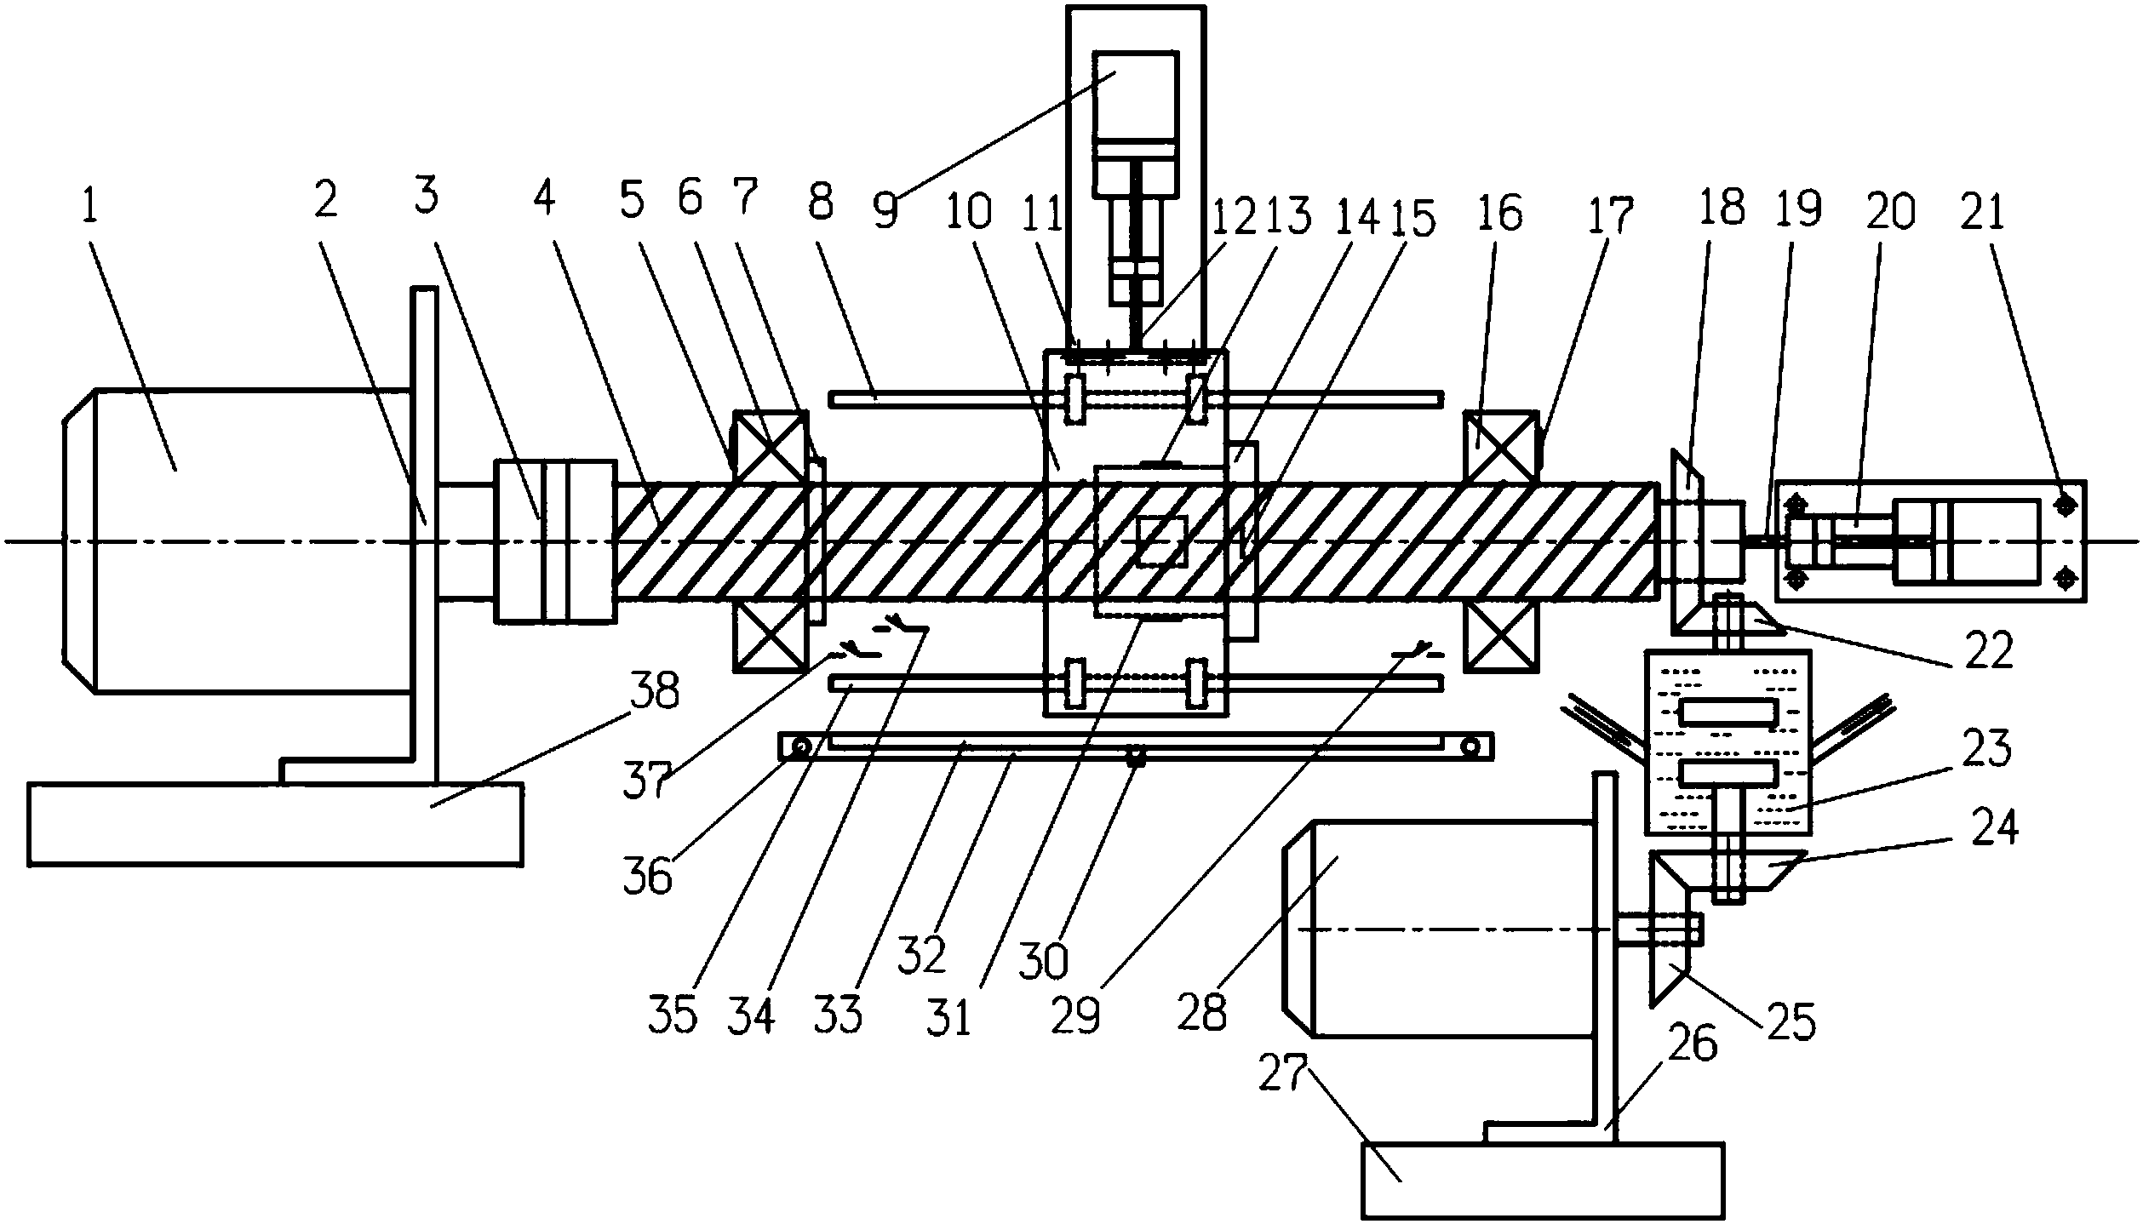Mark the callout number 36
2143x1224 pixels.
point(649,876)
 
